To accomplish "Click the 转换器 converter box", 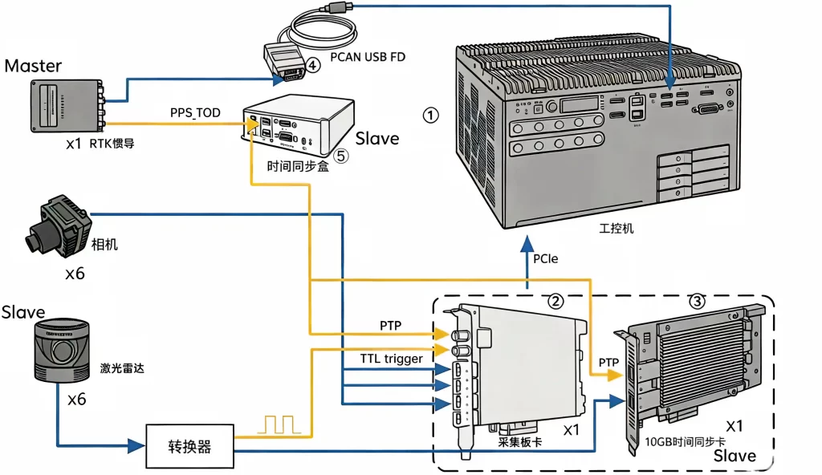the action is pyautogui.click(x=189, y=446).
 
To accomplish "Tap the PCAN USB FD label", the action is pyautogui.click(x=368, y=57).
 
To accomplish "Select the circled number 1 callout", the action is pyautogui.click(x=430, y=116).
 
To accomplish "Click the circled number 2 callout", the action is pyautogui.click(x=555, y=301).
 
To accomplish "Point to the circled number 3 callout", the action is pyautogui.click(x=697, y=301).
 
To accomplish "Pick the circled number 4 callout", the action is pyautogui.click(x=312, y=65).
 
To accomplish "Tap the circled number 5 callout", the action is pyautogui.click(x=340, y=156).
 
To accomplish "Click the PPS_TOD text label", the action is pyautogui.click(x=195, y=112).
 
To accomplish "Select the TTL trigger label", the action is pyautogui.click(x=391, y=359).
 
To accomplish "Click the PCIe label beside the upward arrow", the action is pyautogui.click(x=545, y=258).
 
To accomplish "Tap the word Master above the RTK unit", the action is pyautogui.click(x=33, y=66).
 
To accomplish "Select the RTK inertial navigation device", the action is pyautogui.click(x=67, y=105).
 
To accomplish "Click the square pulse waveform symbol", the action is pyautogui.click(x=279, y=424).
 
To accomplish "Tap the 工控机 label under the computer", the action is pyautogui.click(x=616, y=229).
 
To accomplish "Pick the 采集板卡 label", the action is pyautogui.click(x=519, y=442).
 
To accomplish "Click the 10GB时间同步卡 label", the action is pyautogui.click(x=685, y=442).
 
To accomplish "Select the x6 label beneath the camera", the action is pyautogui.click(x=75, y=273).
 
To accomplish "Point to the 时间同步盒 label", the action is pyautogui.click(x=297, y=167).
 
